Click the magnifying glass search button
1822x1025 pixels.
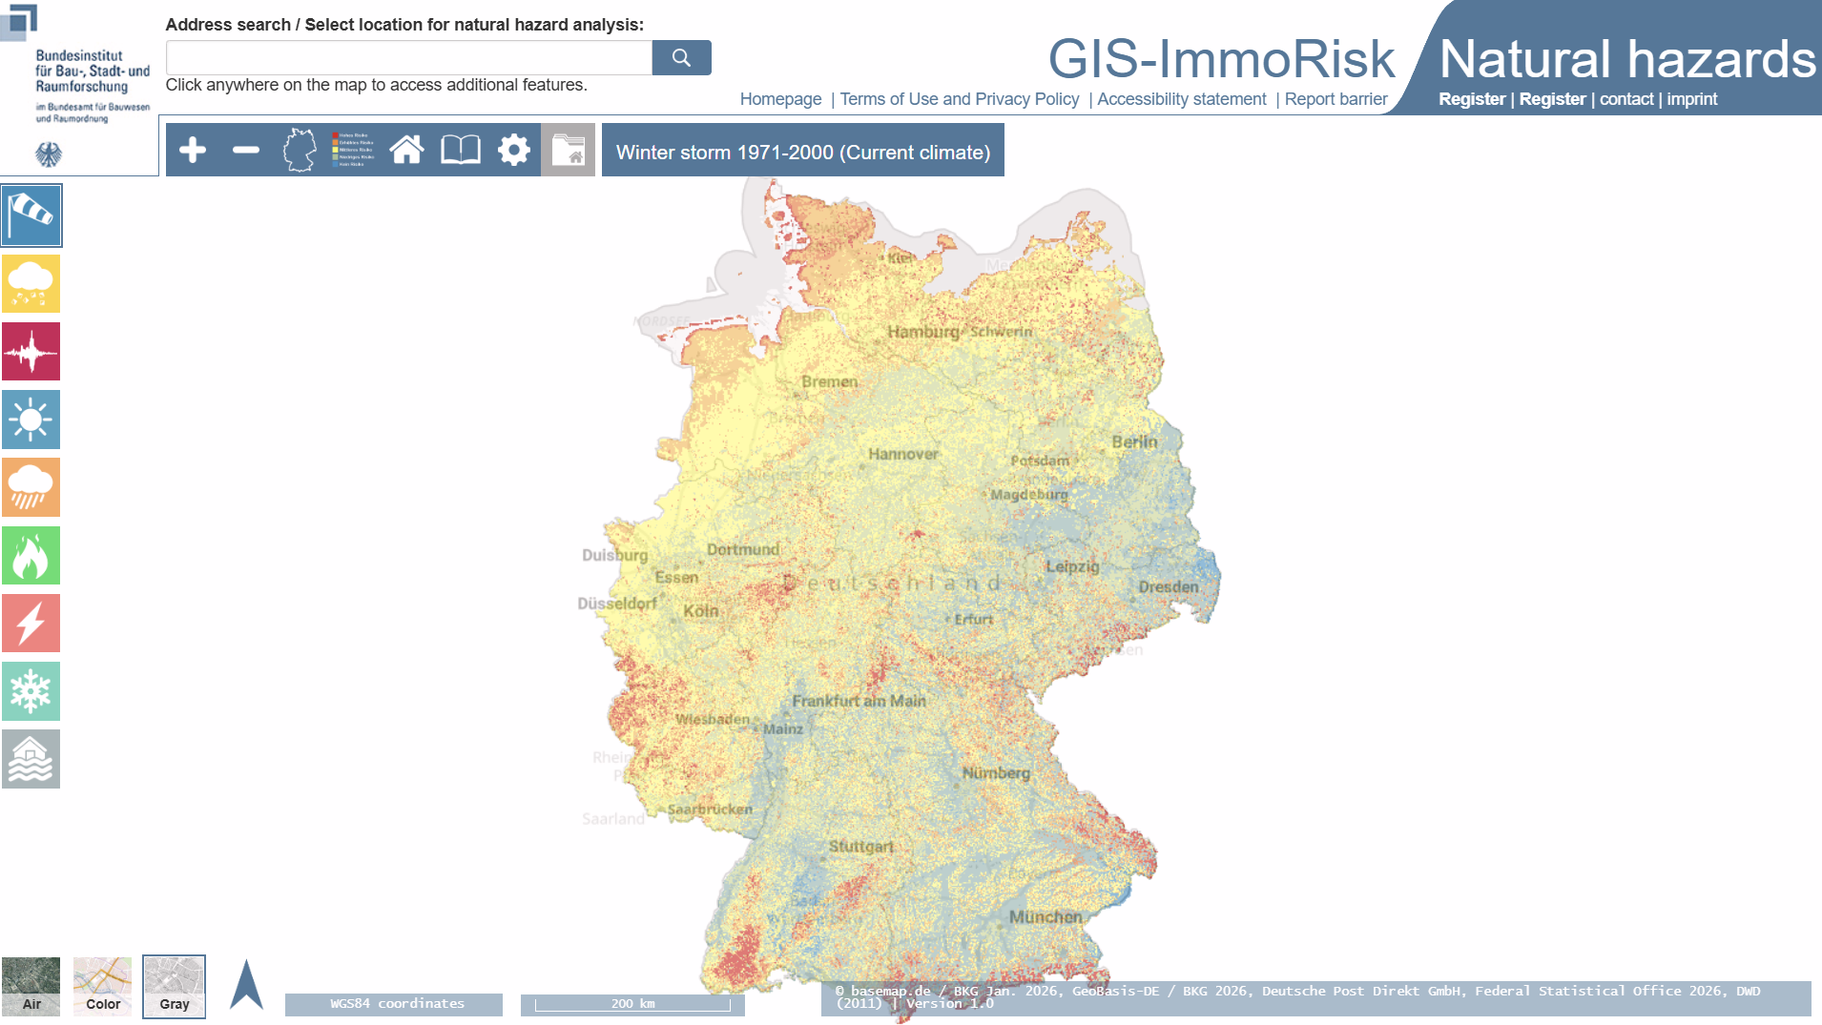click(681, 57)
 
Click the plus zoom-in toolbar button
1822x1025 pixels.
click(193, 150)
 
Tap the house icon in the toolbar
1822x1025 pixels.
click(406, 150)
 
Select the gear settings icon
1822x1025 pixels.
click(513, 150)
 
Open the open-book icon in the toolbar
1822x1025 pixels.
click(460, 150)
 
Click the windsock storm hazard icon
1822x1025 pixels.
click(31, 215)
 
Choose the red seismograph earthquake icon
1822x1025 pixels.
click(31, 352)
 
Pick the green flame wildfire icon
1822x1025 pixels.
click(31, 556)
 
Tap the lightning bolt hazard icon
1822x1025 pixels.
click(31, 624)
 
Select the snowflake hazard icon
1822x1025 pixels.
click(31, 691)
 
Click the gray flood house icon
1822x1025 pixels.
click(31, 759)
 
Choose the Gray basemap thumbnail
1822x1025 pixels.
click(174, 986)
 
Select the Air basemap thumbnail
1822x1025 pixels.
click(31, 986)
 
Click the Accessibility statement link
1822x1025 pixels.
click(1181, 99)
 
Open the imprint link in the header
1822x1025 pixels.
click(1691, 99)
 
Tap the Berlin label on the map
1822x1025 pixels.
click(1134, 442)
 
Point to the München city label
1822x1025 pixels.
click(1046, 917)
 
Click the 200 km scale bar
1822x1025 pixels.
click(632, 1004)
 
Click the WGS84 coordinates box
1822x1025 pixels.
click(394, 1004)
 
